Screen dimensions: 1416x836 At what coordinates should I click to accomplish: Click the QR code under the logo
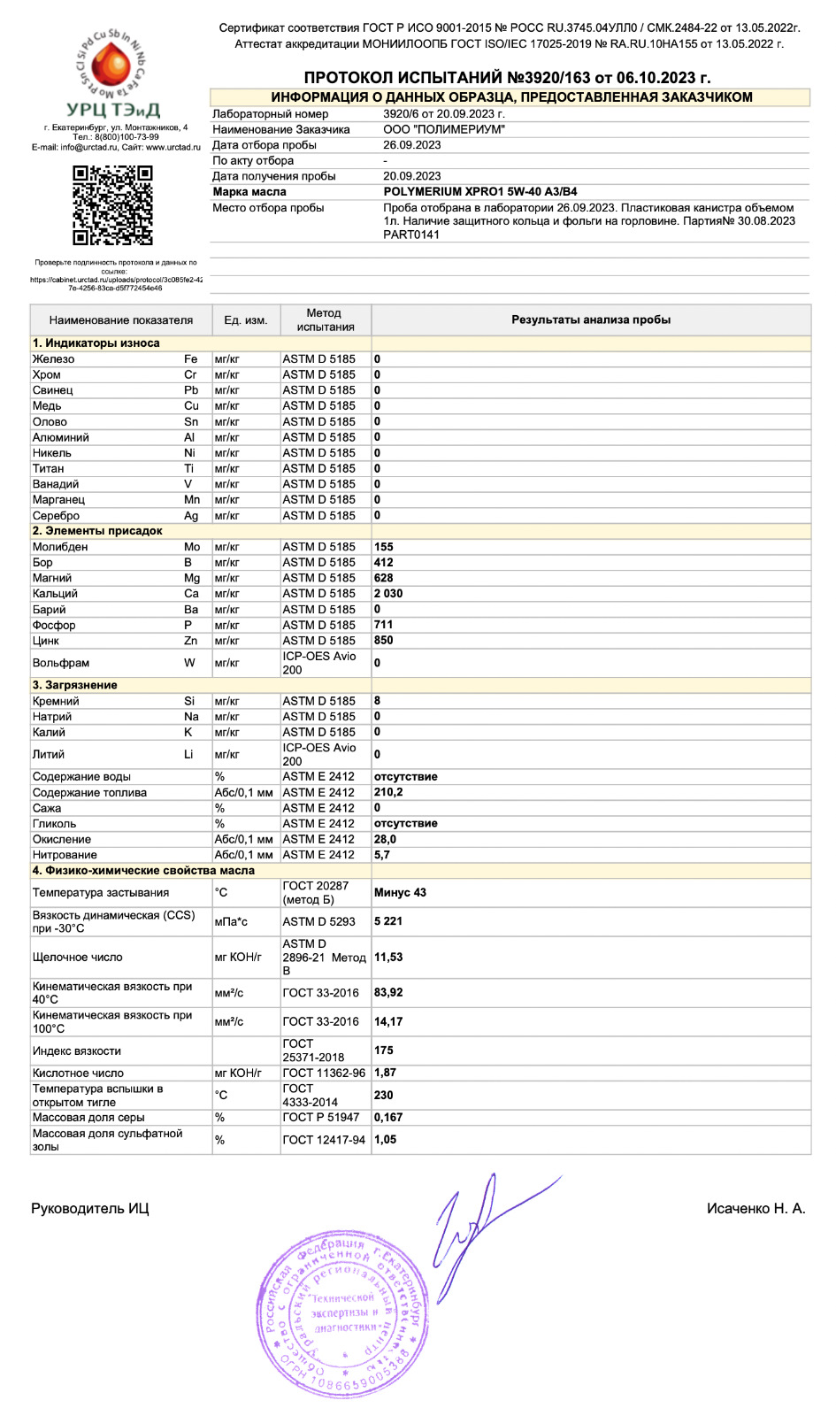tap(112, 205)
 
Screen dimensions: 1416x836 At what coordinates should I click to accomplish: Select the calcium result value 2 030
tap(388, 594)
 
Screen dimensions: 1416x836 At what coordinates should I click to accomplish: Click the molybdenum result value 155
tap(384, 547)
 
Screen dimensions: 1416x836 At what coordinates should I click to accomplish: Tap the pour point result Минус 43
tap(400, 893)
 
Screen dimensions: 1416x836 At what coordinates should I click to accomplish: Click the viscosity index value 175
tap(384, 1050)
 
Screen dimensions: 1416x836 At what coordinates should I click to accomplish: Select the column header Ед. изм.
tap(245, 320)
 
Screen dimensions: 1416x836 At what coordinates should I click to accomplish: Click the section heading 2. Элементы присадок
tap(97, 531)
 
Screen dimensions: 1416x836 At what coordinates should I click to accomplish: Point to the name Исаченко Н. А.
tap(755, 1209)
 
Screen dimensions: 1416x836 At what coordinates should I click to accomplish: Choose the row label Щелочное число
tap(78, 958)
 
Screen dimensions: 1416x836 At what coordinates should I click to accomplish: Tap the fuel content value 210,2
tap(388, 793)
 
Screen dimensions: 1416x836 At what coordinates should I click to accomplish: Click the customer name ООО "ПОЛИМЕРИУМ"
tap(444, 130)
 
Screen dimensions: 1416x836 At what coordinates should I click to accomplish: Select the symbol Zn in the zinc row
tap(191, 641)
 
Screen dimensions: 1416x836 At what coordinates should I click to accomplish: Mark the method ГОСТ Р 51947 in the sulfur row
tap(320, 1118)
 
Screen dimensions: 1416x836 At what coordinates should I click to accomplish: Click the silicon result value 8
tap(378, 701)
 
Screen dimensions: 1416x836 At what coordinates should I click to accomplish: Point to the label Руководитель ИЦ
tap(90, 1209)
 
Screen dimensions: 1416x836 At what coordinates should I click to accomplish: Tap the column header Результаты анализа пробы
tap(591, 320)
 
